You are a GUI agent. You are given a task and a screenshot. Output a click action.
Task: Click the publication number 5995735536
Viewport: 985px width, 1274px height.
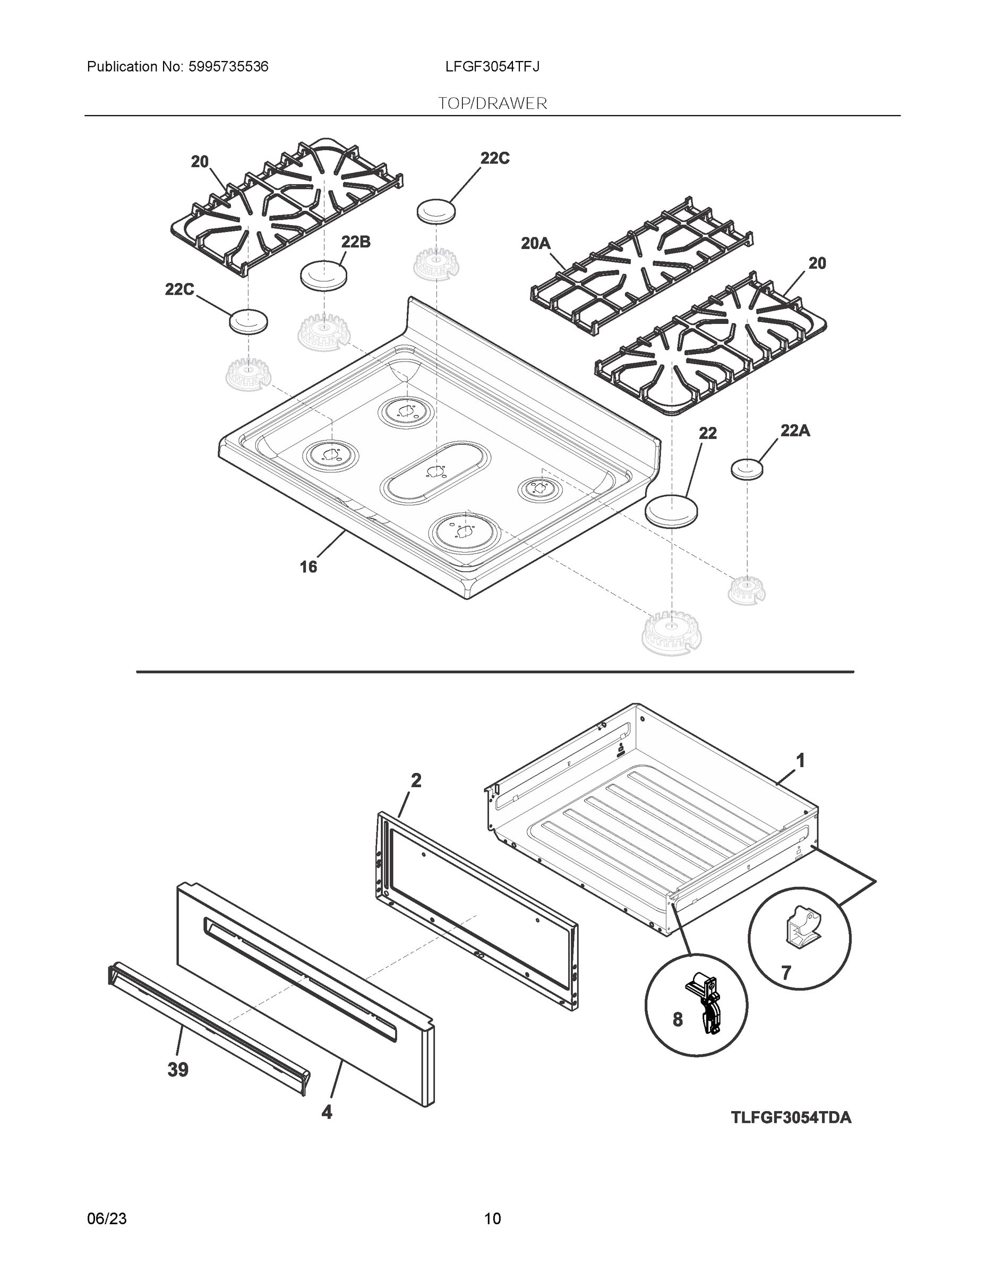pyautogui.click(x=228, y=66)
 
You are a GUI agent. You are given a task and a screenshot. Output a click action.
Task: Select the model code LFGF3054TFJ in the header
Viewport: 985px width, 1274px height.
pyautogui.click(x=492, y=66)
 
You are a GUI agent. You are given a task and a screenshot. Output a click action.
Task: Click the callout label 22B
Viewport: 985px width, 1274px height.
pyautogui.click(x=355, y=242)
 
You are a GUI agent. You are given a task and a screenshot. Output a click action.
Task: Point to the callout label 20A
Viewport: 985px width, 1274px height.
pyautogui.click(x=535, y=243)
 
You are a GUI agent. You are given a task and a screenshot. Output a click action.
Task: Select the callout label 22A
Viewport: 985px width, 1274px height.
pyautogui.click(x=795, y=431)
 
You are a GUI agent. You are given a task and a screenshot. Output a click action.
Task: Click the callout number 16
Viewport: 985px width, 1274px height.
pyautogui.click(x=308, y=566)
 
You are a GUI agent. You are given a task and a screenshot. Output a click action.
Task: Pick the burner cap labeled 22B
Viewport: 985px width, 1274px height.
pyautogui.click(x=323, y=274)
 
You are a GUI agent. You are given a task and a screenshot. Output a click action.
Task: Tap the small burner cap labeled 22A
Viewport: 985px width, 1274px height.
pyautogui.click(x=747, y=468)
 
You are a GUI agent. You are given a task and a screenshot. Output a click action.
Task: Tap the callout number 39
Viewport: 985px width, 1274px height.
pyautogui.click(x=178, y=1069)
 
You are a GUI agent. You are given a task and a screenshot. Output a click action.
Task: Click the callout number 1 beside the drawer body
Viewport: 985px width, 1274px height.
pyautogui.click(x=801, y=760)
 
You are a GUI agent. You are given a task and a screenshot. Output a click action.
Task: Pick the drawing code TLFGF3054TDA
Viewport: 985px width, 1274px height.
pyautogui.click(x=791, y=1117)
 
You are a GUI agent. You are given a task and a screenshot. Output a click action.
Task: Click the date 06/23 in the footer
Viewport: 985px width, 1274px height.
pyautogui.click(x=107, y=1219)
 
